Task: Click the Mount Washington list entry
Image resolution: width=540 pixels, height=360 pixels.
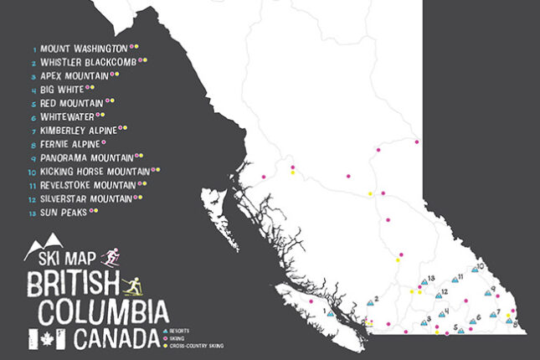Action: pos(84,48)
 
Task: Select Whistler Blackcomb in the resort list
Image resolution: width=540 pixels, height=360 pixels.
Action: pos(89,61)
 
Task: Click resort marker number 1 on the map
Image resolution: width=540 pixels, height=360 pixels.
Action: pos(331,314)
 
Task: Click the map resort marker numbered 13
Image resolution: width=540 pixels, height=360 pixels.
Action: pos(424,284)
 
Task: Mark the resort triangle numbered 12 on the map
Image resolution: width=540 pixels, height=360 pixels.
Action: pos(438,297)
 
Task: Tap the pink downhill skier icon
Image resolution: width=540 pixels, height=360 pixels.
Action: pos(110,257)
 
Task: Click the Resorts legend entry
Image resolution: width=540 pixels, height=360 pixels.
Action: pos(178,332)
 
